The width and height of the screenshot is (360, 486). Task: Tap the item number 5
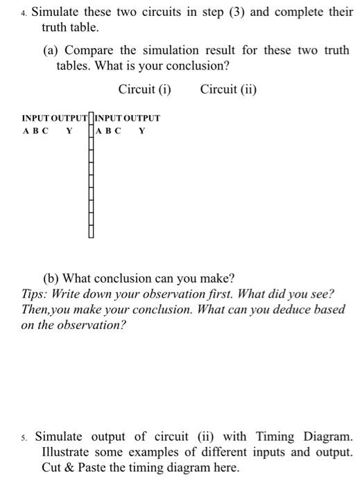coord(25,437)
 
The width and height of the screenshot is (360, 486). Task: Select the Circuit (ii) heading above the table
coord(228,89)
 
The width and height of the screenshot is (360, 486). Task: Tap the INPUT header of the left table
coord(35,118)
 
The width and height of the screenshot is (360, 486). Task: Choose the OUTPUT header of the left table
coord(69,118)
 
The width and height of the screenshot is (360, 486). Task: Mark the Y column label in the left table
coord(69,130)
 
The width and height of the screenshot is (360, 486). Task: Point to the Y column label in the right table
coord(142,130)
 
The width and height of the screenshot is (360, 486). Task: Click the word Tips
coord(34,294)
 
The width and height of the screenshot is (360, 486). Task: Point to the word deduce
coord(280,309)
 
